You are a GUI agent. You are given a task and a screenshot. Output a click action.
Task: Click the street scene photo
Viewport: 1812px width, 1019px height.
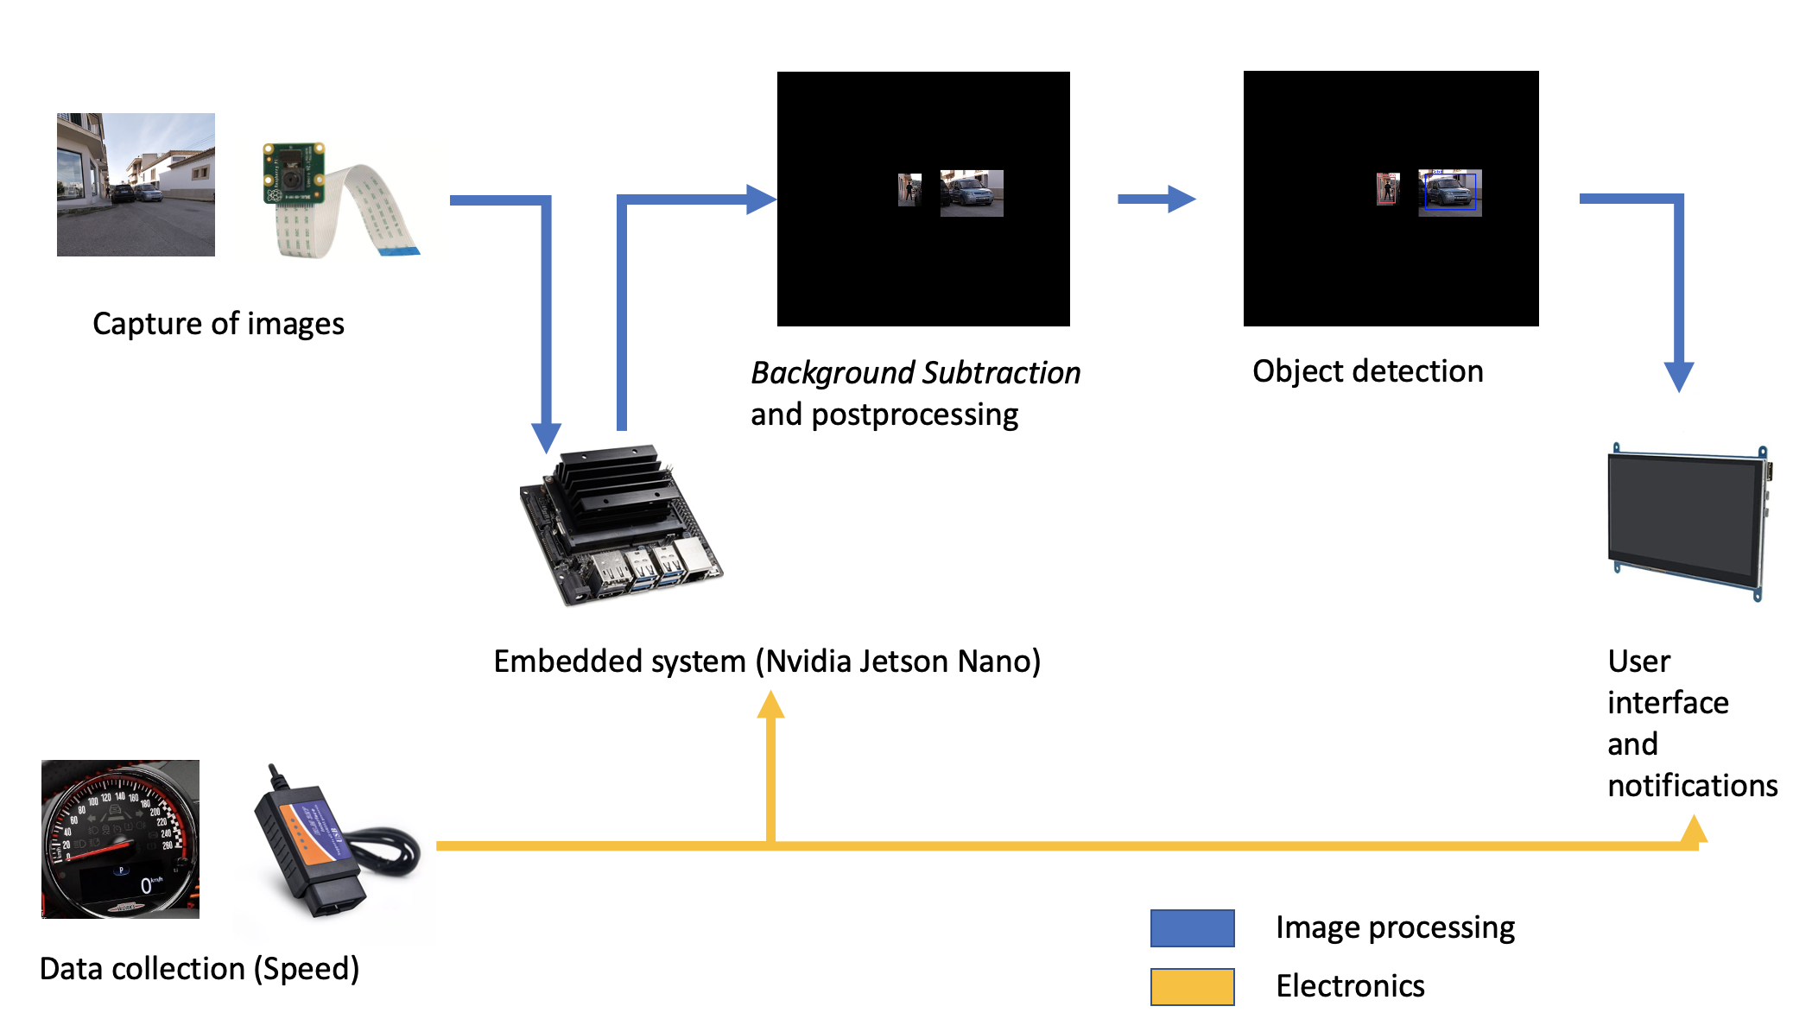click(x=136, y=184)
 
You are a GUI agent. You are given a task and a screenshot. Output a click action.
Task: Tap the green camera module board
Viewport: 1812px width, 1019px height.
click(x=294, y=177)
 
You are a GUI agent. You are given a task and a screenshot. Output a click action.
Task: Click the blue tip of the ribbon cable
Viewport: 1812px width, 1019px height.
click(x=399, y=251)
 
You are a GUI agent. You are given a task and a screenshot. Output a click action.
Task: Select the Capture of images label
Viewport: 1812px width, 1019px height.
click(x=218, y=324)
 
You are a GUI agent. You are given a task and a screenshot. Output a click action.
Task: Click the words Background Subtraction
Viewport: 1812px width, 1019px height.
click(x=915, y=373)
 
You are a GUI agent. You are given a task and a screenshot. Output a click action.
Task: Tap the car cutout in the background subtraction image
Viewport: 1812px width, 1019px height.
click(x=972, y=193)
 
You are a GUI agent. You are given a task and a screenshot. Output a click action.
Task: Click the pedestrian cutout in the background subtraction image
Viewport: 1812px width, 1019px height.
click(x=909, y=189)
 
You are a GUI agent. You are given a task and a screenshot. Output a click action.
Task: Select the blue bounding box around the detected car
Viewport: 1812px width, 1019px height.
click(x=1450, y=192)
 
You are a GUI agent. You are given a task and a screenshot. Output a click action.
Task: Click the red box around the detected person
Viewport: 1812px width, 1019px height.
click(x=1387, y=189)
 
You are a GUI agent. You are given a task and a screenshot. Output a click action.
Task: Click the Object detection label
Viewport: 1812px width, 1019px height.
click(x=1367, y=371)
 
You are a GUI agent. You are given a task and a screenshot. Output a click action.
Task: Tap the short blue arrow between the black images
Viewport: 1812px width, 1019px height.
click(x=1156, y=199)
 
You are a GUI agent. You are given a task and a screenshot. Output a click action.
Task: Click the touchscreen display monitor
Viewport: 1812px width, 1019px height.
click(x=1686, y=520)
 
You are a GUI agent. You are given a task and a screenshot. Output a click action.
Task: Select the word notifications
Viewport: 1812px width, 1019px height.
click(x=1691, y=786)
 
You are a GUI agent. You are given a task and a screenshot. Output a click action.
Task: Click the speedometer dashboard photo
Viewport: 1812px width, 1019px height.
click(x=121, y=839)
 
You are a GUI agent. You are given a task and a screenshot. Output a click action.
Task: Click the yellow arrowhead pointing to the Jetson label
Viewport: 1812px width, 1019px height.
click(x=770, y=705)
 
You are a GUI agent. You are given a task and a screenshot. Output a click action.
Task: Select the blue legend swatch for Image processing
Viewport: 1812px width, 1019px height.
click(x=1192, y=928)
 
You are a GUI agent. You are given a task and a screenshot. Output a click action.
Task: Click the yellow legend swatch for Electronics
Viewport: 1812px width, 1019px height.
click(x=1192, y=986)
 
